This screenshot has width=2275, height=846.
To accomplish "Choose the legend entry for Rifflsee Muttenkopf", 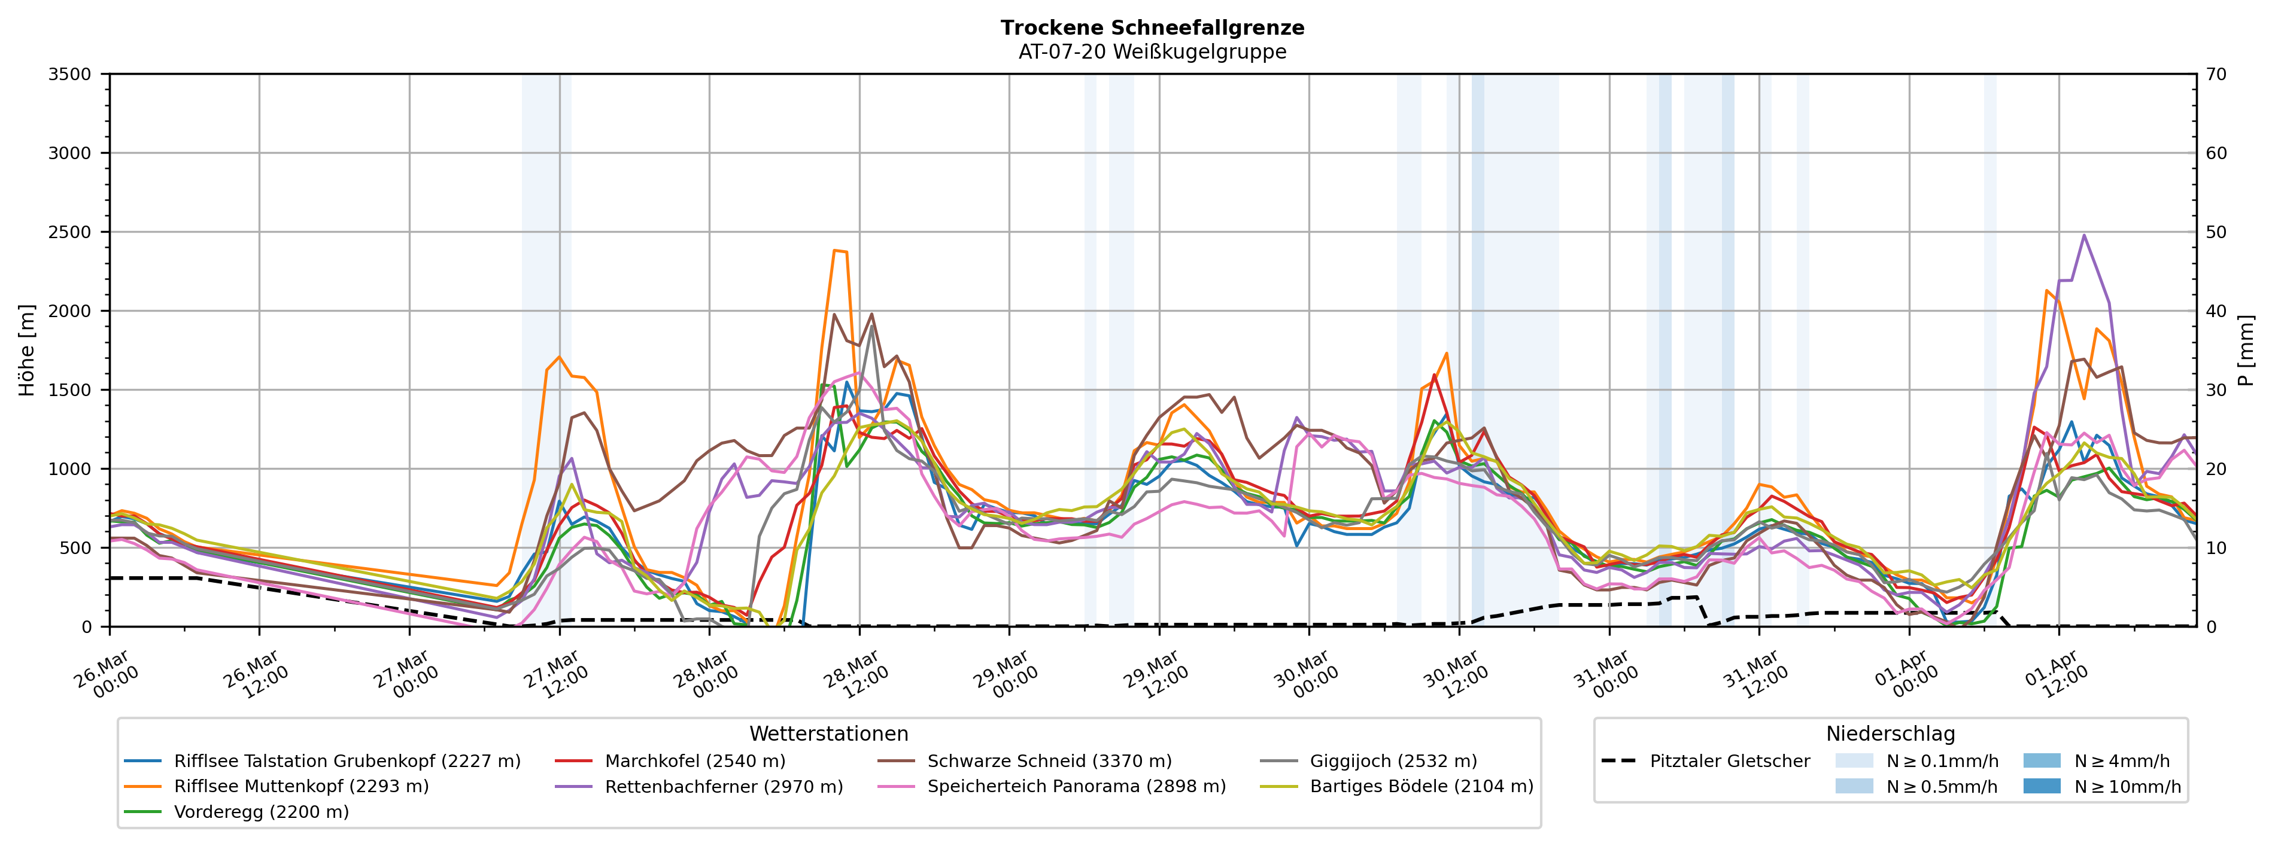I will (x=301, y=786).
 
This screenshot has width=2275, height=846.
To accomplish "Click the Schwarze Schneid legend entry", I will (x=1049, y=760).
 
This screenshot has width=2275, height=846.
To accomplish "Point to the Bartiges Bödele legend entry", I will (x=1421, y=786).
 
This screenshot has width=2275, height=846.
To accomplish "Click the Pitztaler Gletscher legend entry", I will (x=1729, y=760).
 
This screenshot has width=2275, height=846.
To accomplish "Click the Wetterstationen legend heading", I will (x=828, y=734).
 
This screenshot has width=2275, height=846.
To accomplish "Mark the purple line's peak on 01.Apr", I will (x=2084, y=235).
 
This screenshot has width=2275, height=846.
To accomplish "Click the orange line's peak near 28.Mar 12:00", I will (x=834, y=250).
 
